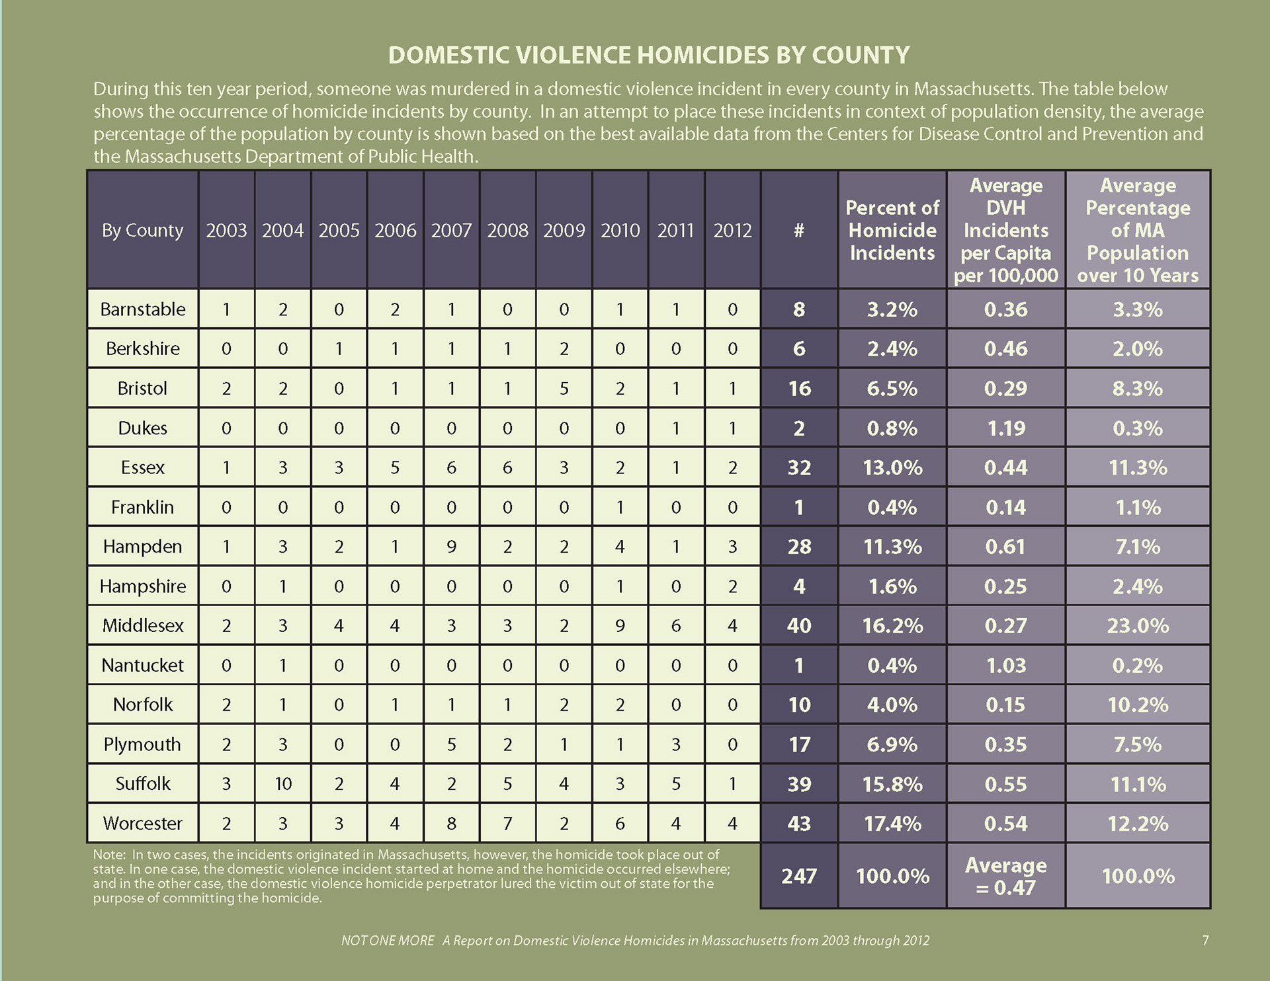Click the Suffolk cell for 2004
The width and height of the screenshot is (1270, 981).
282,783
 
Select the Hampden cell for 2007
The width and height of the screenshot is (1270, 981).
451,547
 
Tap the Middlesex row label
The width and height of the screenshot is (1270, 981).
143,625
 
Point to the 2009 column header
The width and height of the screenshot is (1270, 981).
564,230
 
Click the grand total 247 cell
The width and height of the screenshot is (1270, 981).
799,876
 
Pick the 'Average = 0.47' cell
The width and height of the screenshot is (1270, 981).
1005,876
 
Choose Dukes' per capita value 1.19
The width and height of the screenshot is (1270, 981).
1005,428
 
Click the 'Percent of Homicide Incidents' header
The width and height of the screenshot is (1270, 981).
892,230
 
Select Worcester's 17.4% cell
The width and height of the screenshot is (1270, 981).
892,824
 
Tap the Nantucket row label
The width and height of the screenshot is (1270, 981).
143,665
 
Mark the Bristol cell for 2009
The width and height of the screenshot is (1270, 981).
564,388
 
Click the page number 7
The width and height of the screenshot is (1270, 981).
1205,940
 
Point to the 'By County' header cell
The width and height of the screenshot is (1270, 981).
142,230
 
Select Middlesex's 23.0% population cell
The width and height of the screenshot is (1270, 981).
1138,625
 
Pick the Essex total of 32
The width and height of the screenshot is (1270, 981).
799,467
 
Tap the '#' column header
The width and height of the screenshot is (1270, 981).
799,230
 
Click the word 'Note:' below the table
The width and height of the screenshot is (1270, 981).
109,855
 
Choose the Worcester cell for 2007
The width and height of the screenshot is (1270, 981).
451,824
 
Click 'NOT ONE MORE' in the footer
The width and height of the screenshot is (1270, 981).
388,940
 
